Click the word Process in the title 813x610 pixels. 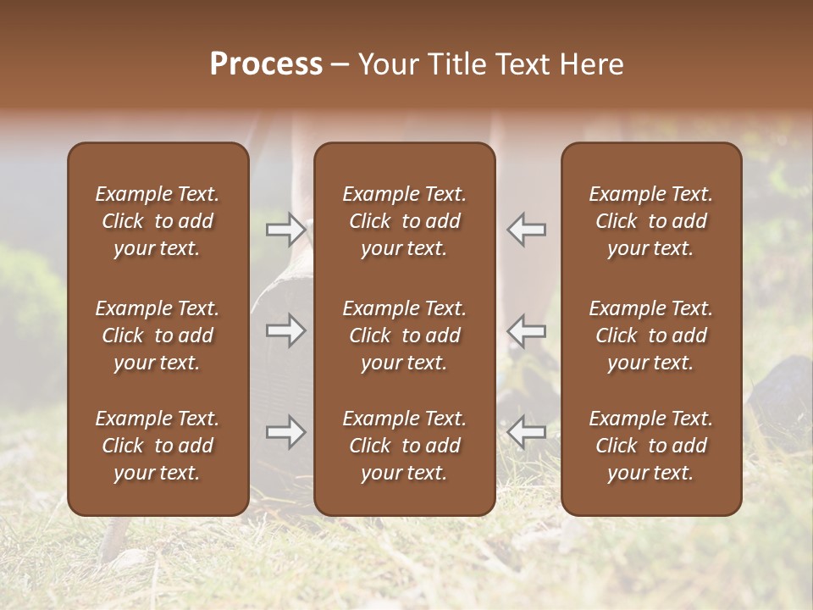pos(266,64)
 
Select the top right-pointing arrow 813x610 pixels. pos(285,229)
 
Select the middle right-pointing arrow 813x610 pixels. pos(285,330)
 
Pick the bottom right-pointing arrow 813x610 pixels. pos(285,432)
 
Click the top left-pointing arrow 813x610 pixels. pos(526,229)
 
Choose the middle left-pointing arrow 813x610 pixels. pos(526,330)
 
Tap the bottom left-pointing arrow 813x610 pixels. pos(526,432)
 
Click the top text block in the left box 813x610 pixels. pos(158,221)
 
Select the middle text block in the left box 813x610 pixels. pos(158,335)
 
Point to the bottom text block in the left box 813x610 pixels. pos(158,446)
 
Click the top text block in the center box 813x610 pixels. pos(404,221)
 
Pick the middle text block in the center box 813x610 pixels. pos(404,335)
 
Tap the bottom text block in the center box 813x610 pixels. pos(404,446)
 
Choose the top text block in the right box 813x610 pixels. pos(650,221)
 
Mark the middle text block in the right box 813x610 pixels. pos(650,335)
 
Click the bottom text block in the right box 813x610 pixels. pos(650,446)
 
